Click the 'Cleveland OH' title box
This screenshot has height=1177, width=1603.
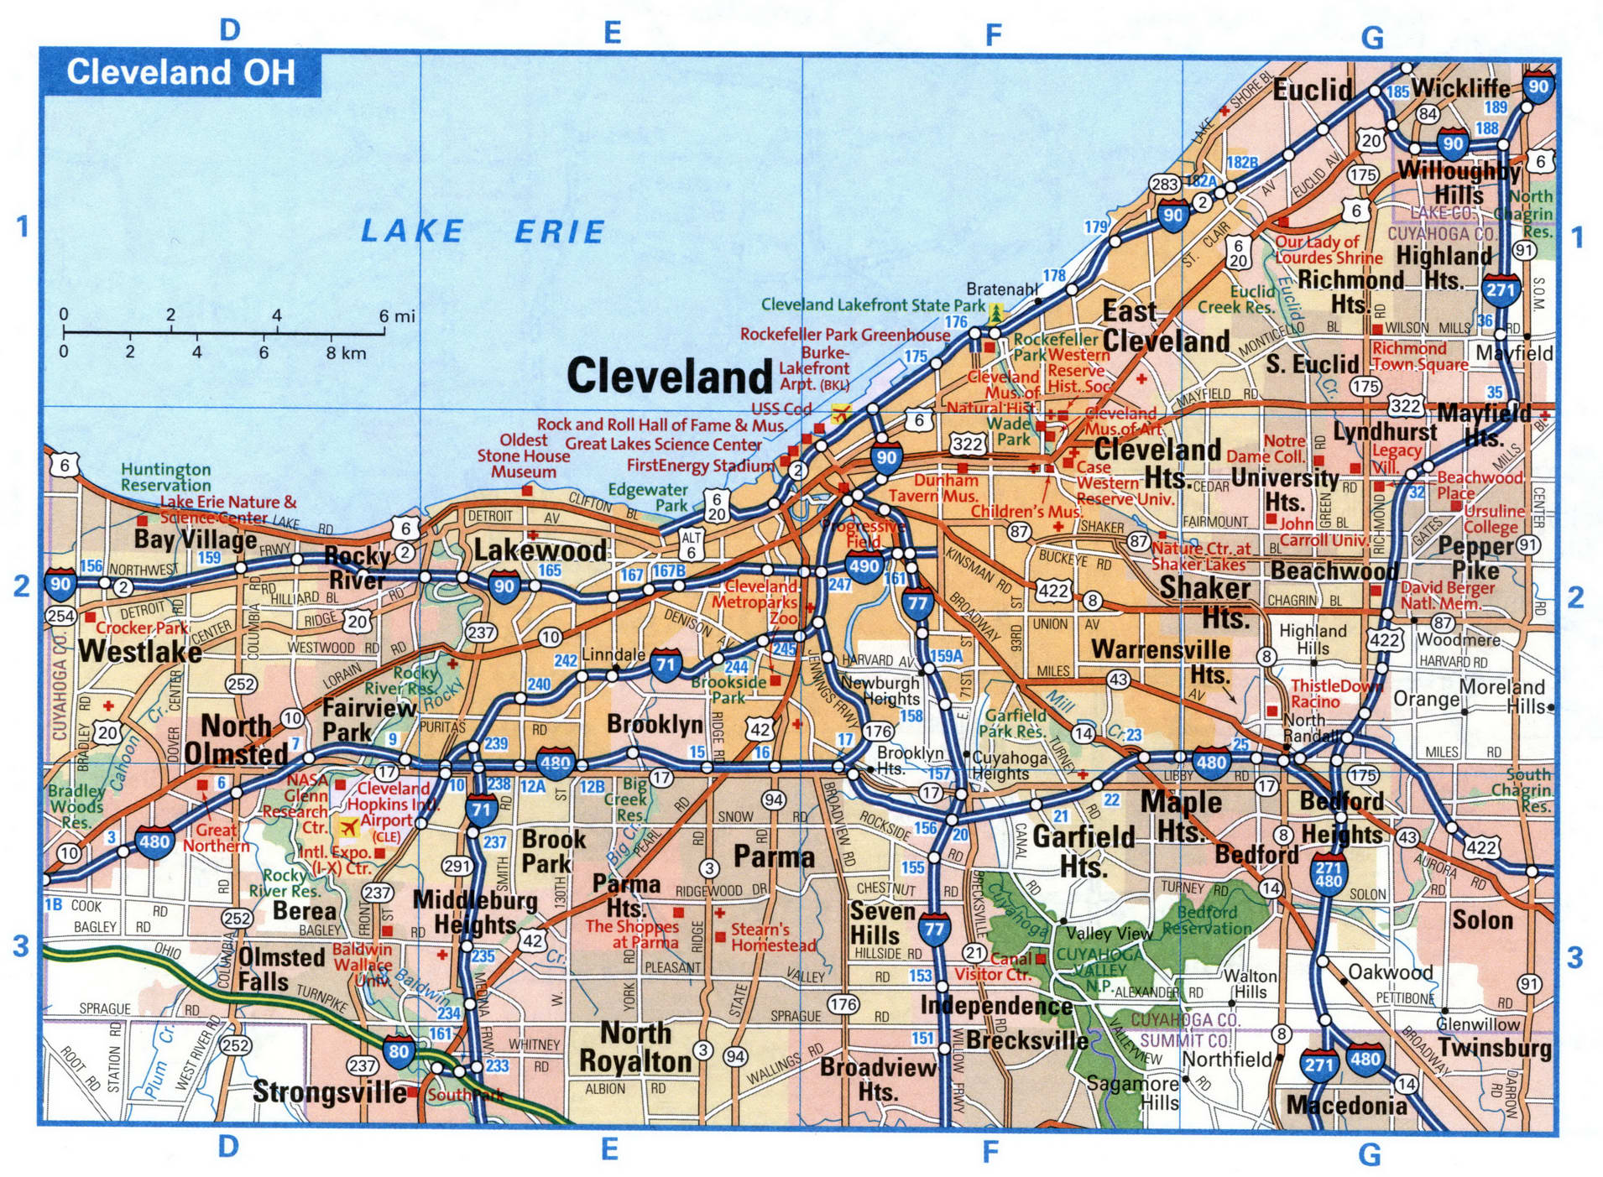180,73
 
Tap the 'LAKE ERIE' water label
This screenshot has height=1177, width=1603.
482,232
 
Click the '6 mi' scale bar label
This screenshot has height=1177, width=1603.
396,316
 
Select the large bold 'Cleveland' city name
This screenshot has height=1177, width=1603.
669,376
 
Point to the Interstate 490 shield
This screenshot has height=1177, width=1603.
864,567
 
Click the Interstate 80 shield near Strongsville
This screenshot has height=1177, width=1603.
399,1052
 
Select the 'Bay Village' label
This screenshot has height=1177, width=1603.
195,539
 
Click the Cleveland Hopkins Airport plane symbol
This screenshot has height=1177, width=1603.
347,829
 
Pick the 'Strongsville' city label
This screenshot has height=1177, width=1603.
329,1092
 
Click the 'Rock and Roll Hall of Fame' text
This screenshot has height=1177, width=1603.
661,425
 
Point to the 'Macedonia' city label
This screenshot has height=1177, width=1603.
1346,1106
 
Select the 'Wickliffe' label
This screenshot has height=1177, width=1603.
1460,89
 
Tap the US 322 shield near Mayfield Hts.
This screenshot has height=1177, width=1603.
1405,406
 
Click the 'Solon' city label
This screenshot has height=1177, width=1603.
1482,920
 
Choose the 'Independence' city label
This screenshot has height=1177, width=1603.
995,1005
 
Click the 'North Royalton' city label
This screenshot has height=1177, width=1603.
635,1047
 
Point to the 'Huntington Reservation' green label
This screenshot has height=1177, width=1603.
165,477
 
